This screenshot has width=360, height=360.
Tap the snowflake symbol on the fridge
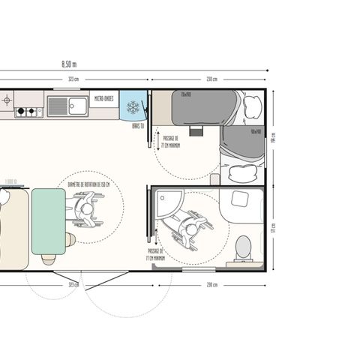pyautogui.click(x=133, y=107)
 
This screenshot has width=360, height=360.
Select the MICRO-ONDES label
pyautogui.click(x=102, y=97)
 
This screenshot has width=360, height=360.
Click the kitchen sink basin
pyautogui.click(x=77, y=106)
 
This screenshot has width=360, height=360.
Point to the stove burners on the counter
pyautogui.click(x=28, y=112)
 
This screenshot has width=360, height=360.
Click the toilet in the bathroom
pyautogui.click(x=243, y=247)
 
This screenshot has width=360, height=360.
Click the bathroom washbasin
pyautogui.click(x=241, y=199)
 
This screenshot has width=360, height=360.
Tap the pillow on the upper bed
pyautogui.click(x=251, y=106)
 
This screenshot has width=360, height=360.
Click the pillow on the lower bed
pyautogui.click(x=241, y=173)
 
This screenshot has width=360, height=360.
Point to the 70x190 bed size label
pyautogui.click(x=185, y=94)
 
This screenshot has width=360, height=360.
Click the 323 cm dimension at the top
pyautogui.click(x=73, y=78)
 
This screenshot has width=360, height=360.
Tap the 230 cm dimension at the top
pyautogui.click(x=211, y=78)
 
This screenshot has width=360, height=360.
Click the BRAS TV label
pyautogui.click(x=138, y=126)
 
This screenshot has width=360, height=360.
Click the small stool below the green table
pyautogui.click(x=49, y=259)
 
